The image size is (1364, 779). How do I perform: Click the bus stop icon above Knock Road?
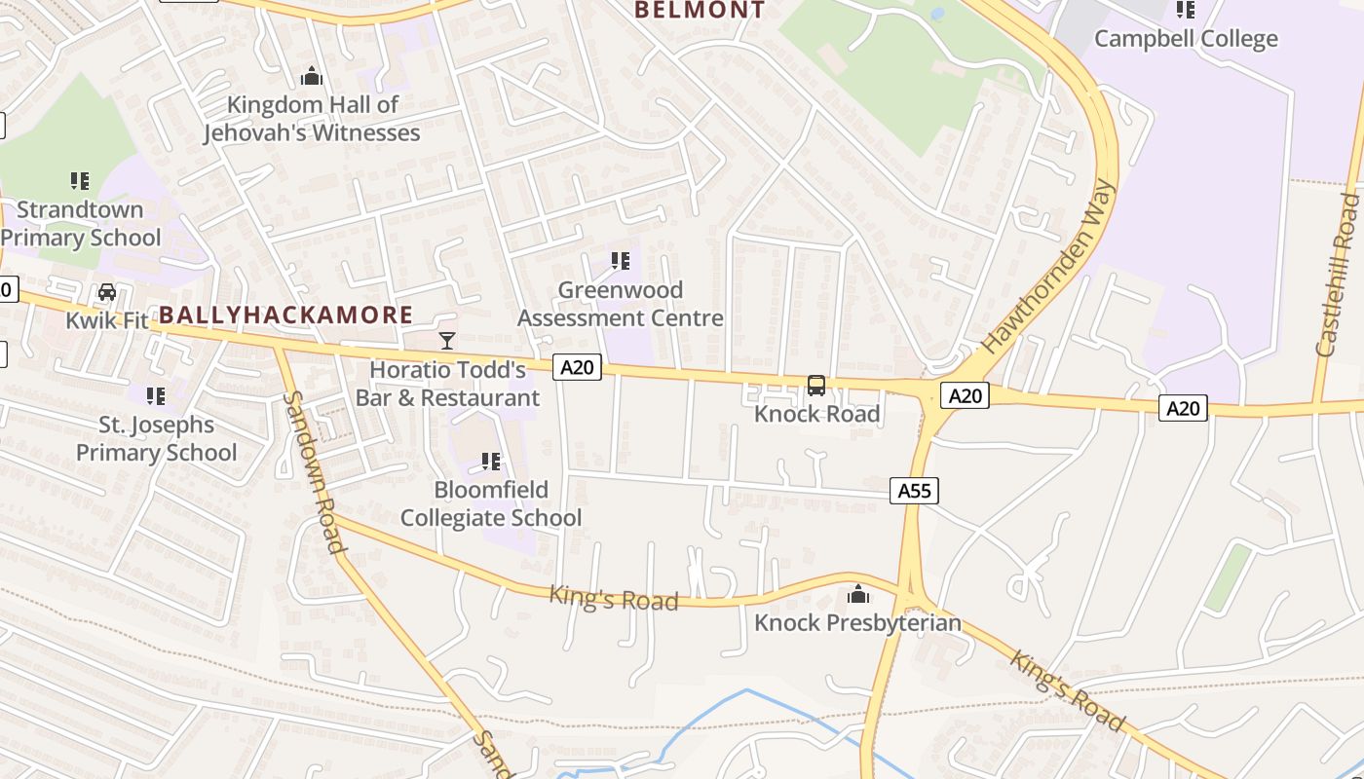tap(816, 387)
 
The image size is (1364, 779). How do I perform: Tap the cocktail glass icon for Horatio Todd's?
tap(447, 340)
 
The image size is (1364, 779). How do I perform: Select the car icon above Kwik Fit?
tap(107, 292)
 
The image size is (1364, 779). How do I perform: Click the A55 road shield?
tap(914, 491)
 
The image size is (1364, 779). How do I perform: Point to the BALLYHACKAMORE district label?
tap(285, 315)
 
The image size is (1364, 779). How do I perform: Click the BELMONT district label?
tap(700, 10)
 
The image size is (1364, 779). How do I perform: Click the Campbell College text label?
tap(1186, 39)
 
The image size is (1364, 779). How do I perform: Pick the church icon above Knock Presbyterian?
tap(857, 593)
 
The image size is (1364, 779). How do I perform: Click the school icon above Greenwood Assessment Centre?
tap(620, 261)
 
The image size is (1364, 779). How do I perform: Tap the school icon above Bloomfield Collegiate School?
tap(491, 461)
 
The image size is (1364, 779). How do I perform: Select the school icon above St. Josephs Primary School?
tap(156, 396)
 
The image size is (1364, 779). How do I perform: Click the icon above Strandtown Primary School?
tap(80, 180)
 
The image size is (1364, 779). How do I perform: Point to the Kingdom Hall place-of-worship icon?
tap(312, 75)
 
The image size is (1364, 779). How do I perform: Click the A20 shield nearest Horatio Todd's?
tap(577, 367)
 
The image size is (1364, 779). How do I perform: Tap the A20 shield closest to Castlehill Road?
tap(1183, 408)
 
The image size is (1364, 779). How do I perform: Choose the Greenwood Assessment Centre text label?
tap(620, 304)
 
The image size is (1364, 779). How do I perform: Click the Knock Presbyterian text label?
tap(857, 623)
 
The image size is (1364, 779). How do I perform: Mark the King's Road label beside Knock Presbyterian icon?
tap(613, 598)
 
